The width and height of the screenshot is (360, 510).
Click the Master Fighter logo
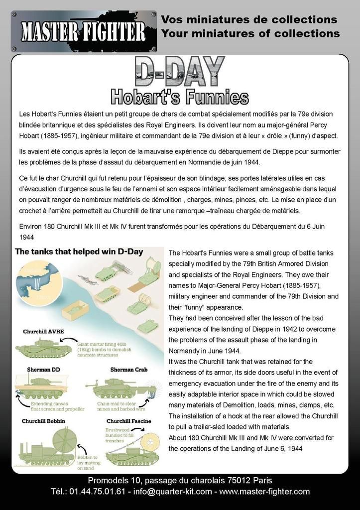pyautogui.click(x=83, y=31)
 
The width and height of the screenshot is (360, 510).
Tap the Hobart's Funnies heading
pyautogui.click(x=179, y=96)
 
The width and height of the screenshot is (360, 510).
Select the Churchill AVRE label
pyautogui.click(x=43, y=332)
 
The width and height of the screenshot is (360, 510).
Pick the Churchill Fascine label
pyautogui.click(x=129, y=421)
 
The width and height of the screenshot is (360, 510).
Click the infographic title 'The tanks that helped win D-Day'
pyautogui.click(x=80, y=252)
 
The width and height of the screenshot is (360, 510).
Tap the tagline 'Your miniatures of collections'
pyautogui.click(x=250, y=34)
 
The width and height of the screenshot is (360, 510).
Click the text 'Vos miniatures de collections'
pyautogui.click(x=249, y=20)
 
